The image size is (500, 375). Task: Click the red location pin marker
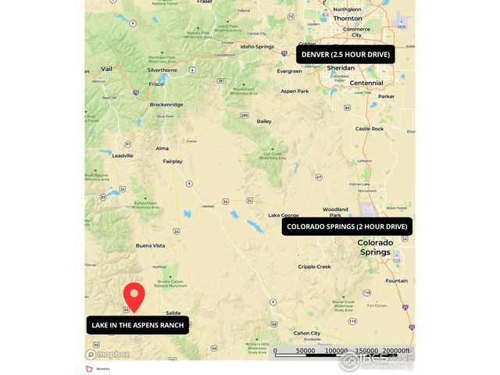(x=134, y=296)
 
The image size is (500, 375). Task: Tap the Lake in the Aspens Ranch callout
(x=137, y=325)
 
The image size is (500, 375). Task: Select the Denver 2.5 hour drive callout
(x=345, y=54)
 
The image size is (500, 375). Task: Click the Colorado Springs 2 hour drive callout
(x=347, y=227)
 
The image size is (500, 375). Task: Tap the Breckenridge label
(x=166, y=104)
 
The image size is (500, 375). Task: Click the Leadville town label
(x=123, y=155)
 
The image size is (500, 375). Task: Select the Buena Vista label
(x=150, y=245)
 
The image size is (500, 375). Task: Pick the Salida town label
(x=173, y=312)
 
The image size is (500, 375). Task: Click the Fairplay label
(x=173, y=162)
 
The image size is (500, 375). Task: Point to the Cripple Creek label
(x=314, y=266)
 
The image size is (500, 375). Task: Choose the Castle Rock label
(x=370, y=128)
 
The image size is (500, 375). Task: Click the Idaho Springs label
(x=257, y=46)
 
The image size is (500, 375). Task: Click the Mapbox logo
(x=108, y=354)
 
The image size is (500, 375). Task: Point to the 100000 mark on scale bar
(x=336, y=351)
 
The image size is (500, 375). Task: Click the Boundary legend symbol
(x=88, y=367)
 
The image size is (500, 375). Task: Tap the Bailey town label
(x=264, y=121)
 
